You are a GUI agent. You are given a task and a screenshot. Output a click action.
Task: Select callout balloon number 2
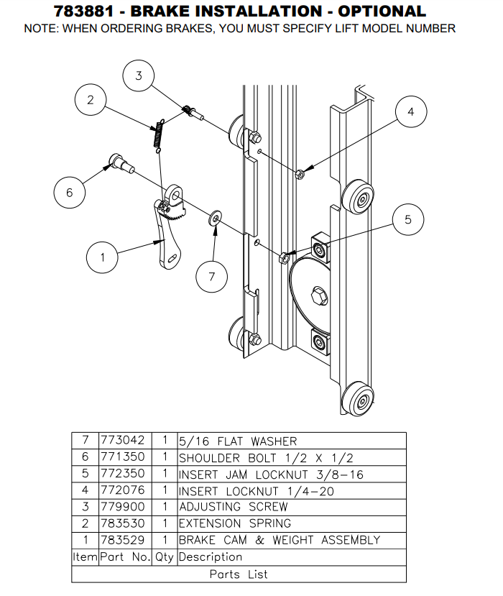click(x=91, y=100)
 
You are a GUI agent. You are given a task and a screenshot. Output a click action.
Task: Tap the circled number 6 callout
click(x=70, y=192)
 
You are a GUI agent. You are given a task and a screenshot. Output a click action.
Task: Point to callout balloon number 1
click(x=102, y=257)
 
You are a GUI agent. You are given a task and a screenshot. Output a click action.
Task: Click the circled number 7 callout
click(x=212, y=276)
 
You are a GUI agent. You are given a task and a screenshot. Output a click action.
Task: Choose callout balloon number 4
click(x=410, y=111)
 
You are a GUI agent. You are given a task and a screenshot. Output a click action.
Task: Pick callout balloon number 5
click(x=408, y=220)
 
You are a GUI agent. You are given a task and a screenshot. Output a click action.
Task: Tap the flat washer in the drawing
click(x=215, y=218)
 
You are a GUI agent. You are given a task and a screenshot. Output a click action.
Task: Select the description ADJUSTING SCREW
click(x=232, y=507)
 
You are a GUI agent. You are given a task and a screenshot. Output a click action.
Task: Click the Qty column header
click(x=165, y=556)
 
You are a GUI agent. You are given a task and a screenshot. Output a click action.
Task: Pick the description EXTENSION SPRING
click(x=234, y=523)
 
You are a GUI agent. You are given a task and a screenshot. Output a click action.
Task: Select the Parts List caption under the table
click(x=239, y=574)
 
